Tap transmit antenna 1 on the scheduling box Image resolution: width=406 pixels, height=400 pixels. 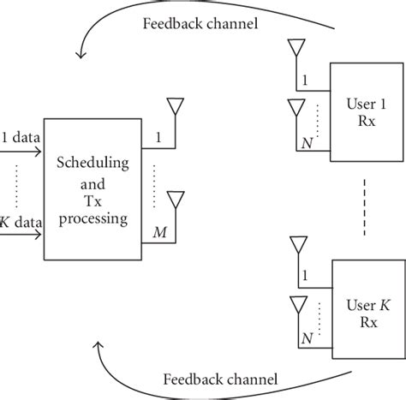coord(176,107)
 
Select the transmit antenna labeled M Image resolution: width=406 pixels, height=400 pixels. coord(175,200)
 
